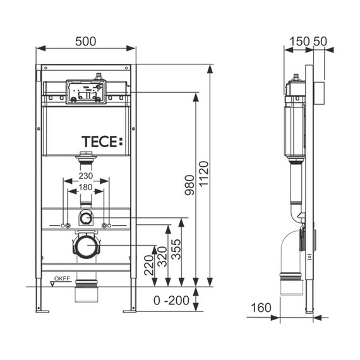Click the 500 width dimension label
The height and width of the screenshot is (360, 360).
pyautogui.click(x=86, y=41)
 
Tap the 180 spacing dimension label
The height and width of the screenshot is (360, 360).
pyautogui.click(x=86, y=188)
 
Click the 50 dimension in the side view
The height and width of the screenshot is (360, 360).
pyautogui.click(x=320, y=41)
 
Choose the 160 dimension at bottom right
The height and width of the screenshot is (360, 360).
pyautogui.click(x=260, y=308)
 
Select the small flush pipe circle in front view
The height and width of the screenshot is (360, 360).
pyautogui.click(x=86, y=219)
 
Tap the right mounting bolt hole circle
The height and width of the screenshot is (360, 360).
pyautogui.click(x=109, y=225)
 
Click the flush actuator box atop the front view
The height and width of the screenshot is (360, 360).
pyautogui.click(x=85, y=92)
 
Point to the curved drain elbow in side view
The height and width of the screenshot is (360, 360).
pyautogui.click(x=294, y=246)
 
